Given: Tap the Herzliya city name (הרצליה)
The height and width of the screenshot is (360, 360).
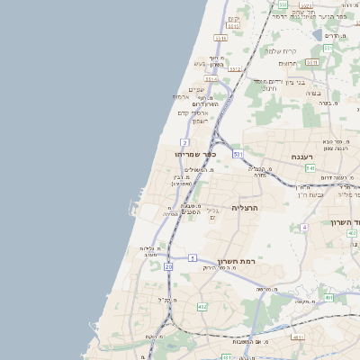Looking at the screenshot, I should coord(246,208).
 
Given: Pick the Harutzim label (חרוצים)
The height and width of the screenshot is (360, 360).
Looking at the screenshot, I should coord(288,63).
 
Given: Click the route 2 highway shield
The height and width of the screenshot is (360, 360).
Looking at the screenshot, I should coord(184,142).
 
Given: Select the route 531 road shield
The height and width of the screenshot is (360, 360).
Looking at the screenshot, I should coord(238,155).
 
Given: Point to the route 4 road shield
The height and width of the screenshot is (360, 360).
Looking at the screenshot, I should coord(304,227).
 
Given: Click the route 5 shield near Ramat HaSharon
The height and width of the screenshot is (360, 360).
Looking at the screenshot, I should coord(193,258).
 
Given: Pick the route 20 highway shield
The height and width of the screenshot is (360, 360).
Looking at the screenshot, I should coord(168,266).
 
